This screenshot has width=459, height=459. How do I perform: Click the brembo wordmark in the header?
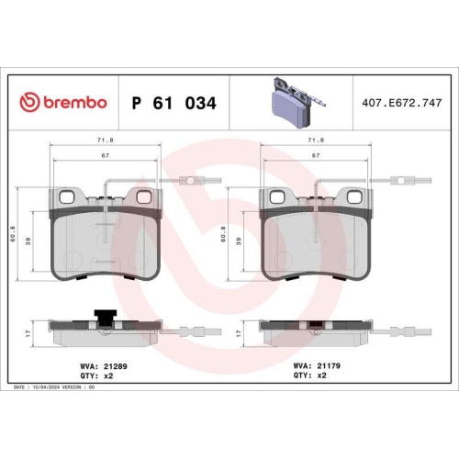(76, 103)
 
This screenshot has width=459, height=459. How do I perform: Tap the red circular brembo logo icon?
(29, 103)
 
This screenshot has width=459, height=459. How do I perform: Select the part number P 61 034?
(174, 103)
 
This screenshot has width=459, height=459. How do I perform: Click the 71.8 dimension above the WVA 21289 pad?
(105, 140)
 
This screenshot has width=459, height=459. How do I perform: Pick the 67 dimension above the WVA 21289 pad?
(105, 156)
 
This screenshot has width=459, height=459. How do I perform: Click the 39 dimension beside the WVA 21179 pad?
(241, 241)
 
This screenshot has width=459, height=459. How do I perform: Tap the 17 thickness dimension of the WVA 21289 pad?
(29, 332)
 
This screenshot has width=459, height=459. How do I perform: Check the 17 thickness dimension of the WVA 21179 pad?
(240, 332)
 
